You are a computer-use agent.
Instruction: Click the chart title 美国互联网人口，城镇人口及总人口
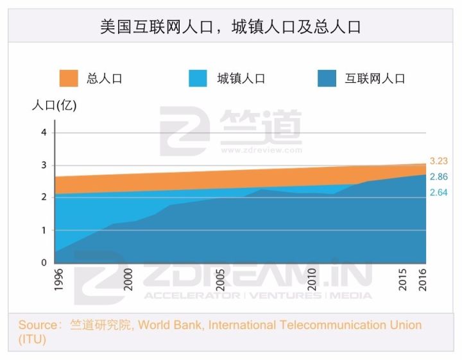[x=230, y=27]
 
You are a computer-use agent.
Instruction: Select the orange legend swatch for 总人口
[x=69, y=78]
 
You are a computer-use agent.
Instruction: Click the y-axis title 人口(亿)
[x=54, y=106]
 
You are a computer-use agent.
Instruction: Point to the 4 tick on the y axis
[x=44, y=132]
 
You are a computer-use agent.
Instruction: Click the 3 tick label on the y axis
[x=44, y=165]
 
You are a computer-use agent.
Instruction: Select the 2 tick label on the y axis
[x=44, y=197]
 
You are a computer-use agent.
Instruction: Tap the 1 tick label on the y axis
[x=44, y=230]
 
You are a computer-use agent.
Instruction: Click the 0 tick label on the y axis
[x=44, y=262]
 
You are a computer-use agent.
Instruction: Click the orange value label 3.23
[x=438, y=161]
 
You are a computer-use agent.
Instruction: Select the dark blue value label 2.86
[x=438, y=176]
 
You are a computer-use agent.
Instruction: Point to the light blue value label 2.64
[x=438, y=192]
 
